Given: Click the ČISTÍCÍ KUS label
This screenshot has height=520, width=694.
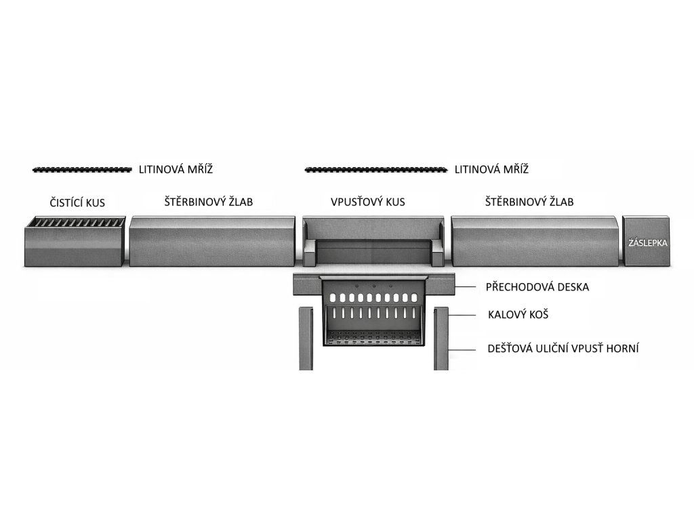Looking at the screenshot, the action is [77, 203].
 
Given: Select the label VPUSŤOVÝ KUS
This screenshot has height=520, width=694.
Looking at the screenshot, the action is [368, 202].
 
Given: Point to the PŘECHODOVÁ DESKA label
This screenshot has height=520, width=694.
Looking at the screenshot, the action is [537, 287].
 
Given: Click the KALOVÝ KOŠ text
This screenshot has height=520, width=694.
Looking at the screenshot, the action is [518, 314].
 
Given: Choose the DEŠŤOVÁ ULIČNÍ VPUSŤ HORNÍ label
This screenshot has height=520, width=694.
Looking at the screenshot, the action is [563, 348].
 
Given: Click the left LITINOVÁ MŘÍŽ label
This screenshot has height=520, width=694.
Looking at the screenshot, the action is [176, 169].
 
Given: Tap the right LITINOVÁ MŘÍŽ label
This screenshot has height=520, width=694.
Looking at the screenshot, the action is [492, 169].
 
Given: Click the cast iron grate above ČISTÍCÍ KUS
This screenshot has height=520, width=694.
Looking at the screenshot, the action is [82, 169].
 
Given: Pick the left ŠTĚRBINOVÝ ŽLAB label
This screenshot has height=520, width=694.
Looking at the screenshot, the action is [209, 202].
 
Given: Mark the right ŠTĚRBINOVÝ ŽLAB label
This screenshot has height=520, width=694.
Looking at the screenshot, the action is [529, 202].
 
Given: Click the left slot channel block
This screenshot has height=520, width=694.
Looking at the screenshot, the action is [212, 241].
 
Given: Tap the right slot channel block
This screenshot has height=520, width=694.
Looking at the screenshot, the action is [535, 241].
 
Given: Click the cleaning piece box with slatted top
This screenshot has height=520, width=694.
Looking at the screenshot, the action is [75, 241].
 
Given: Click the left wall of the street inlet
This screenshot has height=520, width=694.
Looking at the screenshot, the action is [306, 339].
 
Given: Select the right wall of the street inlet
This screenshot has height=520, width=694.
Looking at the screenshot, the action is [441, 339].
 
